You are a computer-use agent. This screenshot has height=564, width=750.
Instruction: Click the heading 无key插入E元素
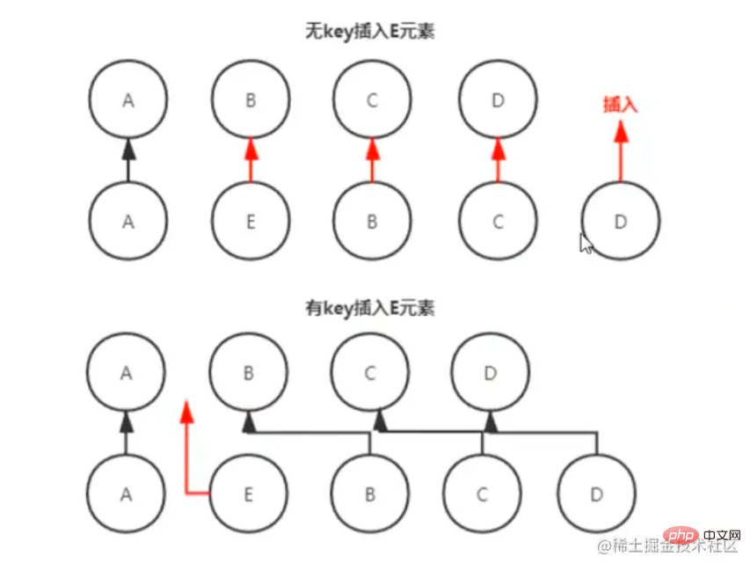(370, 33)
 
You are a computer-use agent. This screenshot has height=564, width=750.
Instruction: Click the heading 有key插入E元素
(370, 309)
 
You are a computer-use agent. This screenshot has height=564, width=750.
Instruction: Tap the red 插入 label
(619, 105)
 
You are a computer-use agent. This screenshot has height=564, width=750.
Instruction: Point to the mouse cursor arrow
(586, 242)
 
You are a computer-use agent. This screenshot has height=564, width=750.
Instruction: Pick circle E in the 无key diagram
(251, 222)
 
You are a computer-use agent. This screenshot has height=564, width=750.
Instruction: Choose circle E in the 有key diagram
(248, 494)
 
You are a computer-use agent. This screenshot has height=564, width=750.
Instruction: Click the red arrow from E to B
(251, 159)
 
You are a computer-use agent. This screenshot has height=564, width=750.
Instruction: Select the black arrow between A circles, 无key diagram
(128, 159)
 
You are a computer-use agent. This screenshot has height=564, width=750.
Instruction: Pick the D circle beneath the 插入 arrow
(620, 222)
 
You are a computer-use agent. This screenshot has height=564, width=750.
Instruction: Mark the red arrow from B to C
(372, 159)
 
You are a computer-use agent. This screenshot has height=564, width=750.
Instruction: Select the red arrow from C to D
(497, 159)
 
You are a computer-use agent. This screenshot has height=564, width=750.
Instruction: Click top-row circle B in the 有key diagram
(248, 373)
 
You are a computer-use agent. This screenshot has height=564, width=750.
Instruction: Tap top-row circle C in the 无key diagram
(372, 100)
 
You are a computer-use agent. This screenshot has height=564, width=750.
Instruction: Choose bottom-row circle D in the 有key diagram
(596, 494)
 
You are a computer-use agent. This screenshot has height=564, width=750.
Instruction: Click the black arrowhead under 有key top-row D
(491, 423)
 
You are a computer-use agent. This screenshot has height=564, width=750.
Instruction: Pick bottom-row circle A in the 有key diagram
(127, 494)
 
